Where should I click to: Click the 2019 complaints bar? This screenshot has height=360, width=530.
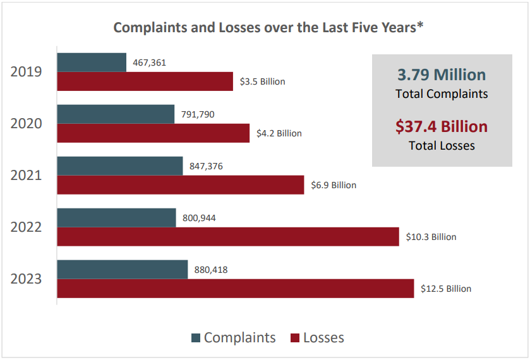point(92,63)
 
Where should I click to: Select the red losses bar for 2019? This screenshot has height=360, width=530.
point(145,81)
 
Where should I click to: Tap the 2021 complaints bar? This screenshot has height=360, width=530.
point(120,166)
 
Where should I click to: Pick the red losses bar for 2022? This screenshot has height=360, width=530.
point(228,237)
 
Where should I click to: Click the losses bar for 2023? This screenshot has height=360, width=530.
point(236,289)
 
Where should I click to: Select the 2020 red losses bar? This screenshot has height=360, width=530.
point(154,133)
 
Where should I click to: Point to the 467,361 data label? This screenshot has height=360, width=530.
point(150,63)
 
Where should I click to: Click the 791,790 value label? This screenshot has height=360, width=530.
point(198,114)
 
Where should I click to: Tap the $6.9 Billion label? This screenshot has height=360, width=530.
point(334,185)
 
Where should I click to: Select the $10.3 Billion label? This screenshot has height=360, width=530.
point(431,237)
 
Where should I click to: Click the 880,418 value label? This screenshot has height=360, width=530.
point(210,270)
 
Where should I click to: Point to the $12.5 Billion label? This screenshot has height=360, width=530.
point(446,289)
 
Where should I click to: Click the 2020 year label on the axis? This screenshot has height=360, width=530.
point(27,123)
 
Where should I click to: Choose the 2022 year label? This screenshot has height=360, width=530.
point(27,227)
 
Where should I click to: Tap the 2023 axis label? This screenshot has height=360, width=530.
point(27,279)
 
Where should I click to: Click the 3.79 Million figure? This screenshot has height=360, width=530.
point(442,75)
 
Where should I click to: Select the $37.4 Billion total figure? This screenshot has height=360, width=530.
point(442,126)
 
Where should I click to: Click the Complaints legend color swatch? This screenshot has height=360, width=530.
point(196,338)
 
